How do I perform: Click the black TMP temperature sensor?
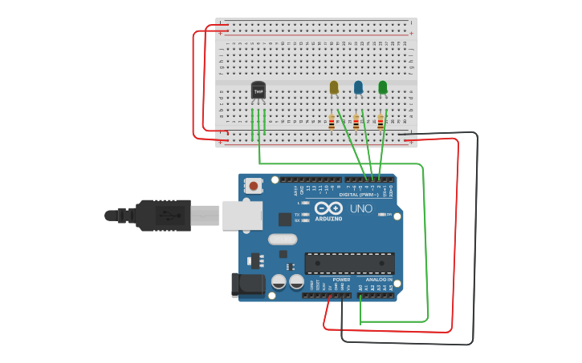pos(258,91)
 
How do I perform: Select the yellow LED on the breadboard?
pos(334,87)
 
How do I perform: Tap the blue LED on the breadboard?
pos(358,87)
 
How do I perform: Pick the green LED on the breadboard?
pos(383,87)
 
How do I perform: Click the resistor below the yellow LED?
pos(332,122)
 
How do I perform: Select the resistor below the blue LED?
pos(356,122)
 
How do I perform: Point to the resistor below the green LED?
pos(381,122)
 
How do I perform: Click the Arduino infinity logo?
pos(335,208)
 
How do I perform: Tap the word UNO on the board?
pos(361,208)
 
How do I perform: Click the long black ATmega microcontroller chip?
pos(349,263)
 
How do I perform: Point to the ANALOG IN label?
pos(379,280)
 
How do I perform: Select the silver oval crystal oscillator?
pos(283,239)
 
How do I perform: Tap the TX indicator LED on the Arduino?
pos(306,215)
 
